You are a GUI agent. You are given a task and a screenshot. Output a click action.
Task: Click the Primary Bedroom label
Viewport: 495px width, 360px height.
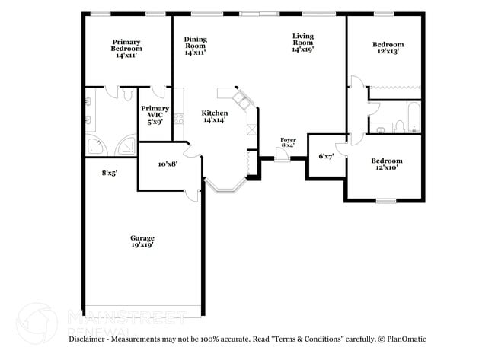point(126,49)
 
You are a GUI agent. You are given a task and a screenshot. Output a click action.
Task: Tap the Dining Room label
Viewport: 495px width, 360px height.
point(196,45)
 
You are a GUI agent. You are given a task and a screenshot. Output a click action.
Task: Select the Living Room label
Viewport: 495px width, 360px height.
point(303,41)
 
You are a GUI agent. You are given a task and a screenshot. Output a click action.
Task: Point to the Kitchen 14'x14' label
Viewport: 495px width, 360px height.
point(214,116)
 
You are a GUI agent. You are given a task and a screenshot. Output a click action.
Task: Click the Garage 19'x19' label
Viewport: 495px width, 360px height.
point(142,241)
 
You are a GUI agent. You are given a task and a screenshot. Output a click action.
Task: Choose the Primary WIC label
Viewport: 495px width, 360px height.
point(155,113)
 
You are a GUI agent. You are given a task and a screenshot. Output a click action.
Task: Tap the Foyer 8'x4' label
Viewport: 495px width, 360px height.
point(288,143)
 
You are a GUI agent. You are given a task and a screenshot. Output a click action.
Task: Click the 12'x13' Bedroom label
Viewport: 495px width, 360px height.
point(387,48)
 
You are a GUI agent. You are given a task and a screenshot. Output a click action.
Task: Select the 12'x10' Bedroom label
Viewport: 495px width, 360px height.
point(387,164)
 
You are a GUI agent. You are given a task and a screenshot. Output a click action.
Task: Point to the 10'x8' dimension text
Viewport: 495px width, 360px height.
point(168,164)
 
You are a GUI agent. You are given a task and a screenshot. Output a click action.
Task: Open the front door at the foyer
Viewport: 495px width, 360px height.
point(283,155)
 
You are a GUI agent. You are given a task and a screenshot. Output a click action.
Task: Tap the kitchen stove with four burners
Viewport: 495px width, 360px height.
point(179,118)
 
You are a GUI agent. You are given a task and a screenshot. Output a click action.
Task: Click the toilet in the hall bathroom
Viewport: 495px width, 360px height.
point(399,125)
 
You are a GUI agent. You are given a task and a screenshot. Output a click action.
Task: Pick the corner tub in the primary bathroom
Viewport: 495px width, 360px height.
point(97,147)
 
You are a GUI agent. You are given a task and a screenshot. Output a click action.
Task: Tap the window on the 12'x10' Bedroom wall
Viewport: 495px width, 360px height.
point(387,201)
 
